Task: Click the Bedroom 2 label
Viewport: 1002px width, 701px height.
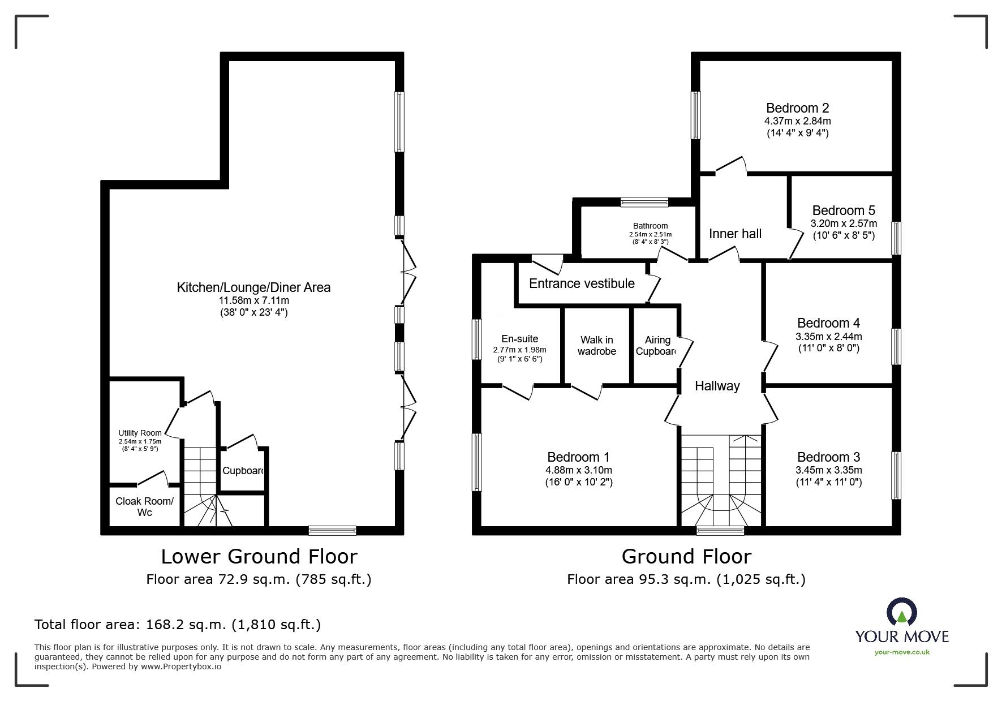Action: pos(797,108)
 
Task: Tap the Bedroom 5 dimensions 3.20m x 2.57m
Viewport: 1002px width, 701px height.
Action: pos(844,223)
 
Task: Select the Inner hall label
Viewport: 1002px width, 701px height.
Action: pos(735,234)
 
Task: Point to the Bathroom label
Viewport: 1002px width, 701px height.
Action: pos(650,226)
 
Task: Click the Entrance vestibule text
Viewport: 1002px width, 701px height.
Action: pos(582,283)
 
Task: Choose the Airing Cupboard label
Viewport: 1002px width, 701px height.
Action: pos(656,345)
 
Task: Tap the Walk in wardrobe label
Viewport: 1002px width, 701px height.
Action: pos(596,345)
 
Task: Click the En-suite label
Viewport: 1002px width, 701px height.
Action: pos(519,339)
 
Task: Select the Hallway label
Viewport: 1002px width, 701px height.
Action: pos(717,386)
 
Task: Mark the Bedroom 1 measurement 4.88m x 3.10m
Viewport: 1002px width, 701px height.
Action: pos(579,470)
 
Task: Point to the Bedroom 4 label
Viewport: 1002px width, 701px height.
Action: pos(828,323)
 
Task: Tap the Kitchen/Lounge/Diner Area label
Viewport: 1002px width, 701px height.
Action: pos(253,287)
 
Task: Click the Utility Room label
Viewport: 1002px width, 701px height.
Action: pos(140,433)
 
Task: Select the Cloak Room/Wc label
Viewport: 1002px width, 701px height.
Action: pos(144,506)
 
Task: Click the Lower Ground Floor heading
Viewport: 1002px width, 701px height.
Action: pos(259,557)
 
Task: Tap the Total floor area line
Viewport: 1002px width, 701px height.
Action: pos(178,625)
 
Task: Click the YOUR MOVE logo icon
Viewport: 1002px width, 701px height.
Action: pos(902,614)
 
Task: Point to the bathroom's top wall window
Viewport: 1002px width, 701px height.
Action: pos(644,202)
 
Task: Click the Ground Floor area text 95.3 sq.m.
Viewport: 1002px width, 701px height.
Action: pos(686,579)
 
